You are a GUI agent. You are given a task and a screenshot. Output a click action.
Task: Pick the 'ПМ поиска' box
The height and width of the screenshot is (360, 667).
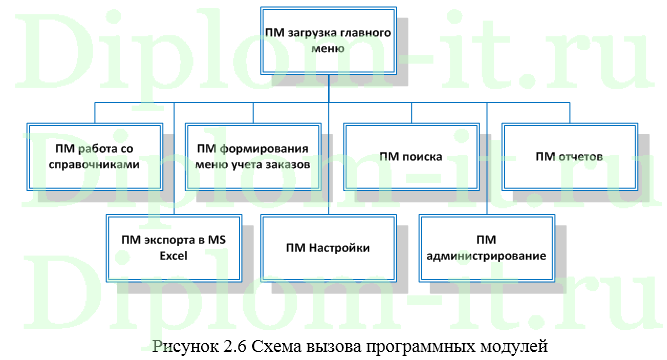click(x=412, y=156)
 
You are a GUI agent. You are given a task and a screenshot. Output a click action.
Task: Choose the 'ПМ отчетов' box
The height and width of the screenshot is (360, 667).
click(x=568, y=156)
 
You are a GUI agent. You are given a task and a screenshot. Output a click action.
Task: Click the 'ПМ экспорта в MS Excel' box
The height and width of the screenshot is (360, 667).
click(x=175, y=248)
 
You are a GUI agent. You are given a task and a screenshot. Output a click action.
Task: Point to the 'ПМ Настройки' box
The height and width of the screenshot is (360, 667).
click(x=331, y=248)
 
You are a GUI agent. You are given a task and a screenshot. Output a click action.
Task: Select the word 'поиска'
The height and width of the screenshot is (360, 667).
click(x=423, y=156)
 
